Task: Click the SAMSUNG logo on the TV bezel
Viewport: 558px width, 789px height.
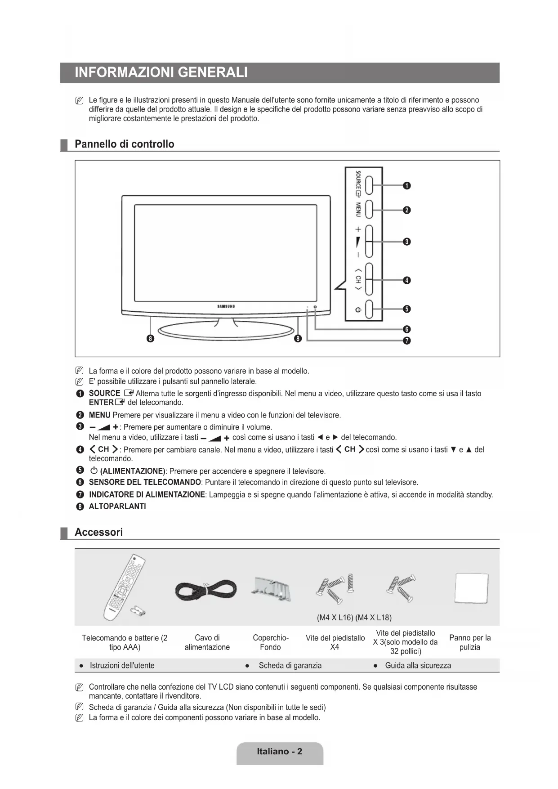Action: click(226, 306)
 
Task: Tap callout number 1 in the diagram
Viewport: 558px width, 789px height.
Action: click(406, 185)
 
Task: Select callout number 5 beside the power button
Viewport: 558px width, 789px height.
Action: click(406, 309)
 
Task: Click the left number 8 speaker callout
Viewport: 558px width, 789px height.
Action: click(151, 338)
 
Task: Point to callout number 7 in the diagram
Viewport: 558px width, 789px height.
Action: click(406, 341)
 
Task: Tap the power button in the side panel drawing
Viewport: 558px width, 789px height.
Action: click(369, 309)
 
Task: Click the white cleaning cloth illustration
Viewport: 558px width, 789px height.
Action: click(471, 588)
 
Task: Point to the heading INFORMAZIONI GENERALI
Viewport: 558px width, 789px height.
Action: click(161, 72)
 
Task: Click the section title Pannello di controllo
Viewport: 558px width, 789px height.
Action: click(125, 144)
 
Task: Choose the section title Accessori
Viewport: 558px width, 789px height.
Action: click(98, 532)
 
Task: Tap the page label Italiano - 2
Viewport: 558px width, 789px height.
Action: click(279, 751)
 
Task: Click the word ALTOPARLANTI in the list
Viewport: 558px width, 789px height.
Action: click(117, 506)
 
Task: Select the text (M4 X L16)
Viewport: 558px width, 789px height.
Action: click(335, 617)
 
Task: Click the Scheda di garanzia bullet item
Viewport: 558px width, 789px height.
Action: click(290, 665)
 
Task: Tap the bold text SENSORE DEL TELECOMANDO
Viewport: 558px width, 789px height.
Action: click(145, 482)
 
